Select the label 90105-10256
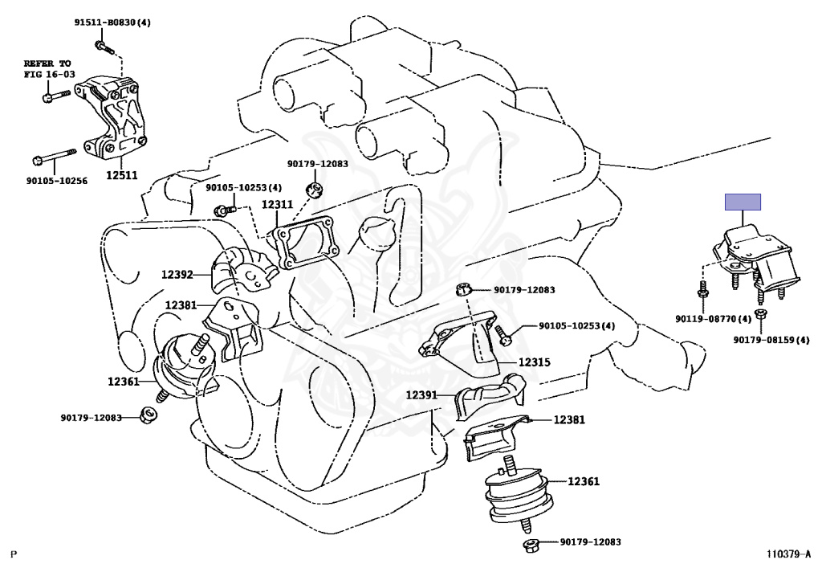[x=55, y=181]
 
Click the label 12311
[x=276, y=204]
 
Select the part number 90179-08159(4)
[x=770, y=340]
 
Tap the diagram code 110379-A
[x=787, y=554]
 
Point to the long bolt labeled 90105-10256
[x=55, y=155]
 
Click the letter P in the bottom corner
[x=13, y=554]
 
